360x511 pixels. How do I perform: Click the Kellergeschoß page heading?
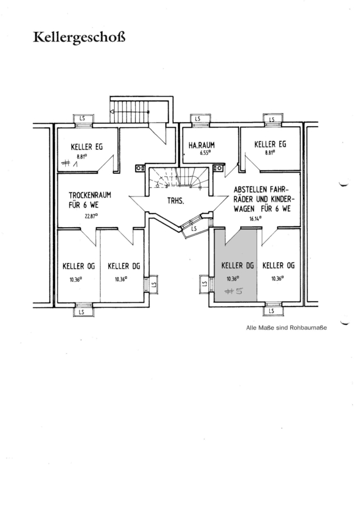[79, 37]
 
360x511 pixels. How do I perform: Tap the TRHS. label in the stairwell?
[175, 201]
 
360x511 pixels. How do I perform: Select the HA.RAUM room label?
[202, 145]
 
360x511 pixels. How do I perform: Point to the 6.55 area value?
[206, 152]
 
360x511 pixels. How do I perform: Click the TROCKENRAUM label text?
[90, 195]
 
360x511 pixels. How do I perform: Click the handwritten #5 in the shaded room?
[234, 291]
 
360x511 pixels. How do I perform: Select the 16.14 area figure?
[256, 219]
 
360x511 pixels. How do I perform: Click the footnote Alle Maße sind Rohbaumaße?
[286, 328]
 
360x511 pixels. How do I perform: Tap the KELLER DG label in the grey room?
[237, 266]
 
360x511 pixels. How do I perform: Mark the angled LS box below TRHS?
[194, 228]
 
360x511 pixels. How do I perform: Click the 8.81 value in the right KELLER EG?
[269, 152]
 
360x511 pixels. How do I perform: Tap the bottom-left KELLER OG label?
[78, 266]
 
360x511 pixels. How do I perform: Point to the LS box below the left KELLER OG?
[81, 312]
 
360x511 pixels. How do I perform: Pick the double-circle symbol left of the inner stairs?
[140, 168]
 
